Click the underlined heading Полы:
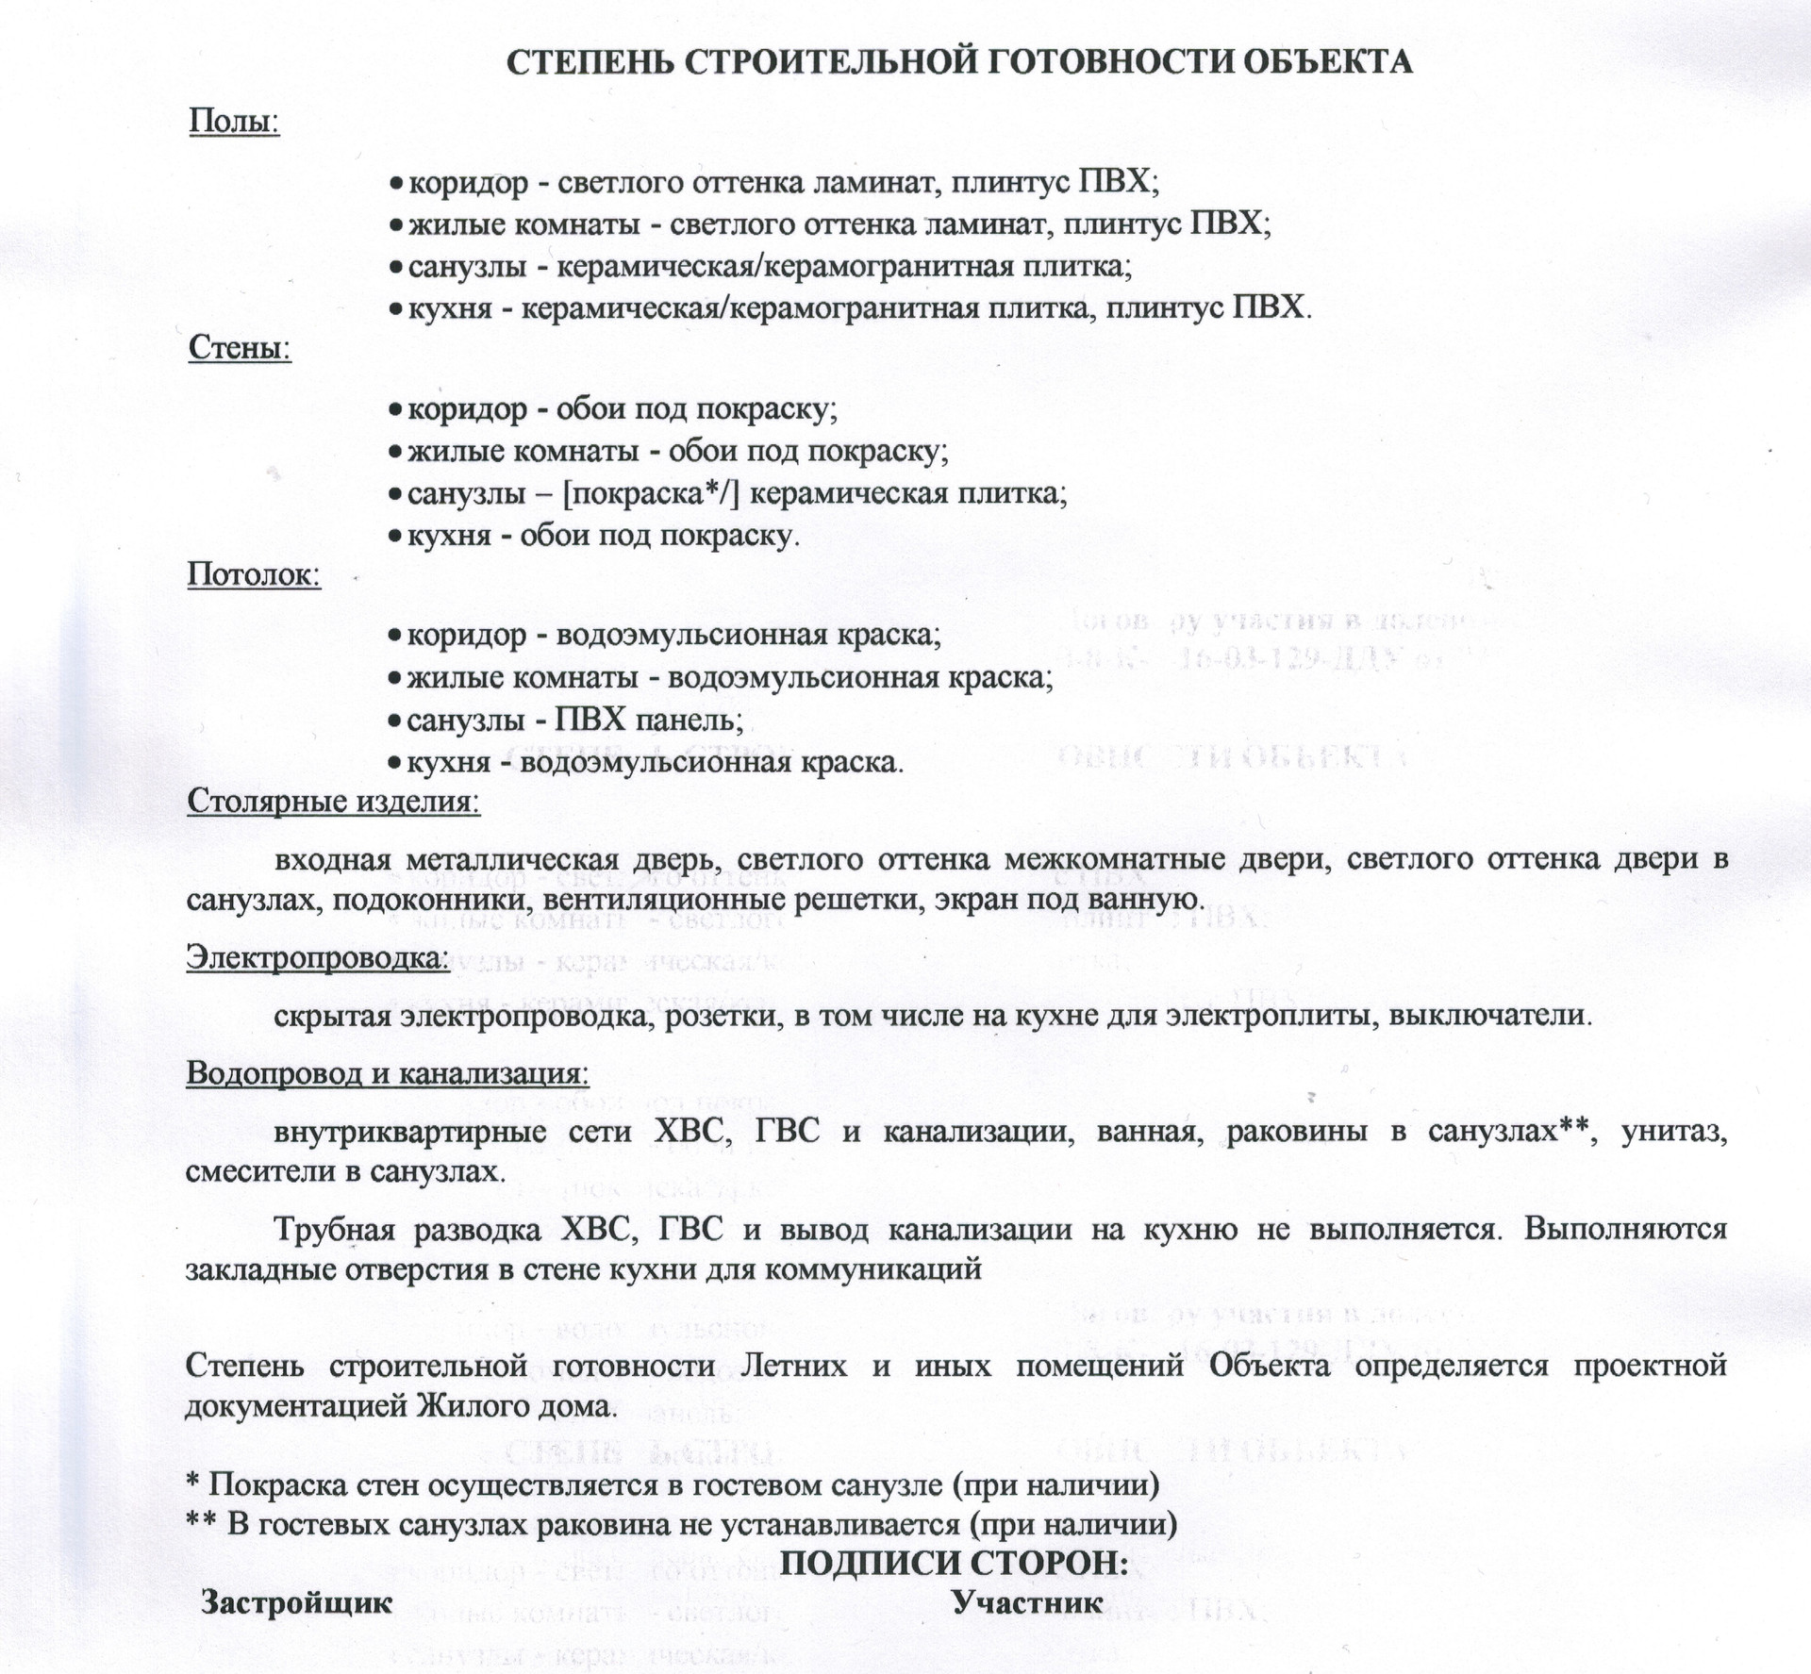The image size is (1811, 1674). (x=235, y=122)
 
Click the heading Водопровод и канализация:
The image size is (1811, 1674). (x=388, y=1073)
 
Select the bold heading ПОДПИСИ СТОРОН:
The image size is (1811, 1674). (x=955, y=1563)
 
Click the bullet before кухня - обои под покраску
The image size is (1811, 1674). (x=395, y=536)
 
